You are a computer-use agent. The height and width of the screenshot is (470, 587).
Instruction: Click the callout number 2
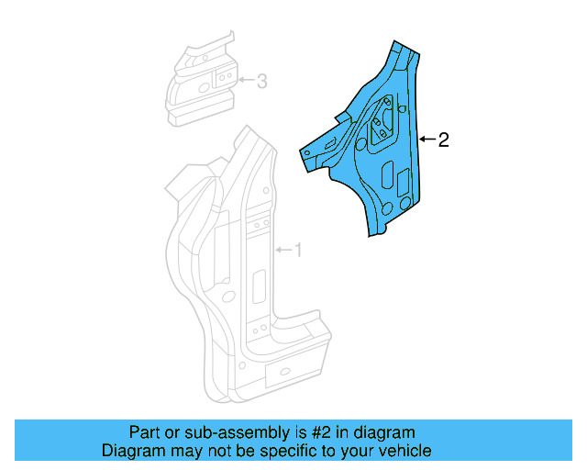(443, 140)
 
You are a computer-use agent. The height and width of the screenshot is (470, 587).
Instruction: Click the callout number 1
(297, 250)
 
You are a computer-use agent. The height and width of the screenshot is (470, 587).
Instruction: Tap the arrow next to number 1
(282, 250)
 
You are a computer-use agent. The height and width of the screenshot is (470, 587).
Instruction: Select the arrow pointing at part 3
(245, 81)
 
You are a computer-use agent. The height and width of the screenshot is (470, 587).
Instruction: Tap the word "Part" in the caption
(144, 432)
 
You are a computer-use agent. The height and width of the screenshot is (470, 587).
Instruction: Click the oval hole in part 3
(195, 89)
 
